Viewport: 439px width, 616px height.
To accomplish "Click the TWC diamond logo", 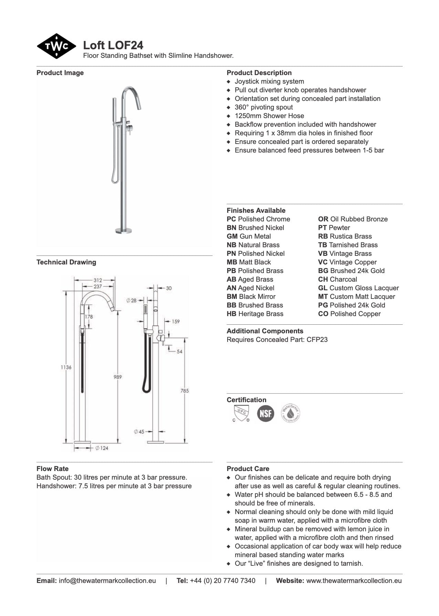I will (x=56, y=46).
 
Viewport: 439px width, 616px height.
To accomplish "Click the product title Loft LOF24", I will (x=113, y=45).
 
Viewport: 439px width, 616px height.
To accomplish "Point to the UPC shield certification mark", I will (x=241, y=413).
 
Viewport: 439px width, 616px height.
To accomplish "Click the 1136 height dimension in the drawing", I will (x=66, y=367).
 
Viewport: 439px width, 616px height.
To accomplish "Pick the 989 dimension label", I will (x=118, y=377).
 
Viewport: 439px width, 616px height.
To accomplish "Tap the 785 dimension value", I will (x=185, y=390).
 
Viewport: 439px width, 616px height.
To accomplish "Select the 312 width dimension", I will (x=98, y=280).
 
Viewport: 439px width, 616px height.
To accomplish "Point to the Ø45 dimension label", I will (x=139, y=431).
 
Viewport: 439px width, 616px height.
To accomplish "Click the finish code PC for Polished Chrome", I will (x=231, y=219).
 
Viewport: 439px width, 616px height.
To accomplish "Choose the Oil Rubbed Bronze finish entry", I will (x=353, y=219).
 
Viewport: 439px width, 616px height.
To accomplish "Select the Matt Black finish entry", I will (x=249, y=262).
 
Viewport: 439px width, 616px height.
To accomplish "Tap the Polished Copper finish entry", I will (x=349, y=314).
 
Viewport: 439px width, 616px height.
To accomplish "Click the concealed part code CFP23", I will (x=317, y=340).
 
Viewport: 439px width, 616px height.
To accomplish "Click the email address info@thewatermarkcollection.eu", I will (x=107, y=581).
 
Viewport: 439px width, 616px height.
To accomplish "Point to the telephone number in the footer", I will (x=222, y=581).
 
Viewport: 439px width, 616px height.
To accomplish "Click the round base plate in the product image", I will (x=124, y=230).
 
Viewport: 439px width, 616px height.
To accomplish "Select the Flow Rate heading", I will (x=52, y=469).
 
